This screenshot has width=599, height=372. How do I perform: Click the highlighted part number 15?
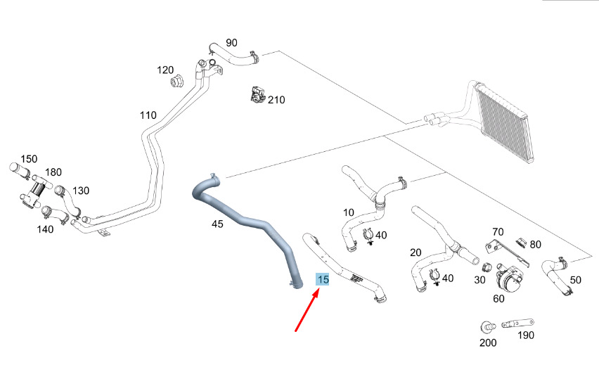pyautogui.click(x=323, y=279)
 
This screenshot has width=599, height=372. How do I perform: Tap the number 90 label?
pyautogui.click(x=231, y=42)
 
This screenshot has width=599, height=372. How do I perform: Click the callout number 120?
pyautogui.click(x=165, y=70)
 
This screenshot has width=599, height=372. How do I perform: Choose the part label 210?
pyautogui.click(x=276, y=100)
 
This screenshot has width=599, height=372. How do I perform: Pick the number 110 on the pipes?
pyautogui.click(x=148, y=115)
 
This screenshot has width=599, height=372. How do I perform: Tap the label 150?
pyautogui.click(x=28, y=159)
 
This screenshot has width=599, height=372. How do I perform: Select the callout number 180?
pyautogui.click(x=53, y=172)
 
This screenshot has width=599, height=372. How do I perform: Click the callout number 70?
pyautogui.click(x=498, y=231)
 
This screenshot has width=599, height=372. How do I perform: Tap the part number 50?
pyautogui.click(x=575, y=280)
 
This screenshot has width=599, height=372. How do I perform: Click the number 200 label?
pyautogui.click(x=487, y=342)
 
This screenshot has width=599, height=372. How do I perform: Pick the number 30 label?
pyautogui.click(x=480, y=279)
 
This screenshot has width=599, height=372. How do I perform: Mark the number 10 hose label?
pyautogui.click(x=349, y=212)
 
